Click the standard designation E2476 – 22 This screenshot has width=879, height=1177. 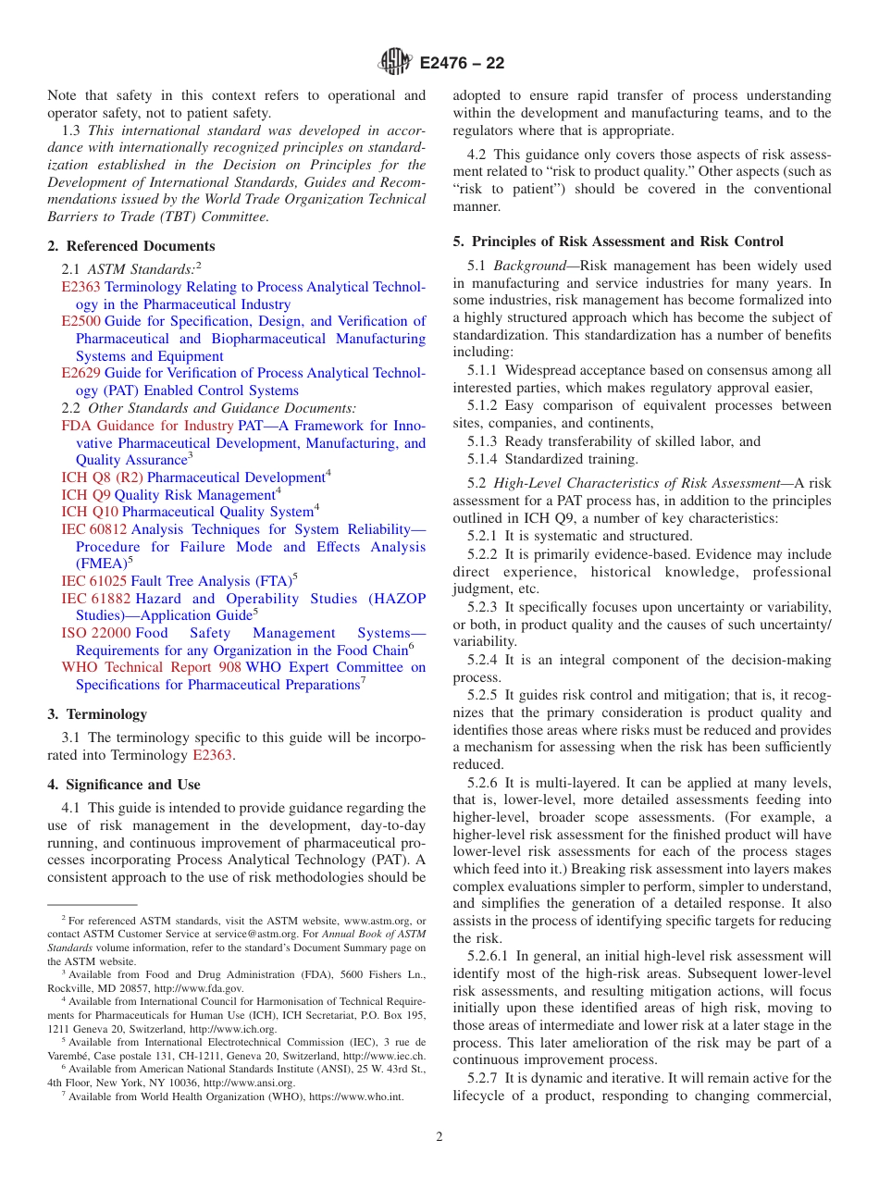[462, 64]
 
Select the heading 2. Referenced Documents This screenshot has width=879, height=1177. [131, 246]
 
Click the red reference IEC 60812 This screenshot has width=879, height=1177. [94, 529]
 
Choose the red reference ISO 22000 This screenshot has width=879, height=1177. [96, 633]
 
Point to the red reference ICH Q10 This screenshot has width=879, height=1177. [90, 512]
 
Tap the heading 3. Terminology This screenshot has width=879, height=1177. [97, 714]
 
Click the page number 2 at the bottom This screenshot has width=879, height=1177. [439, 1137]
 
